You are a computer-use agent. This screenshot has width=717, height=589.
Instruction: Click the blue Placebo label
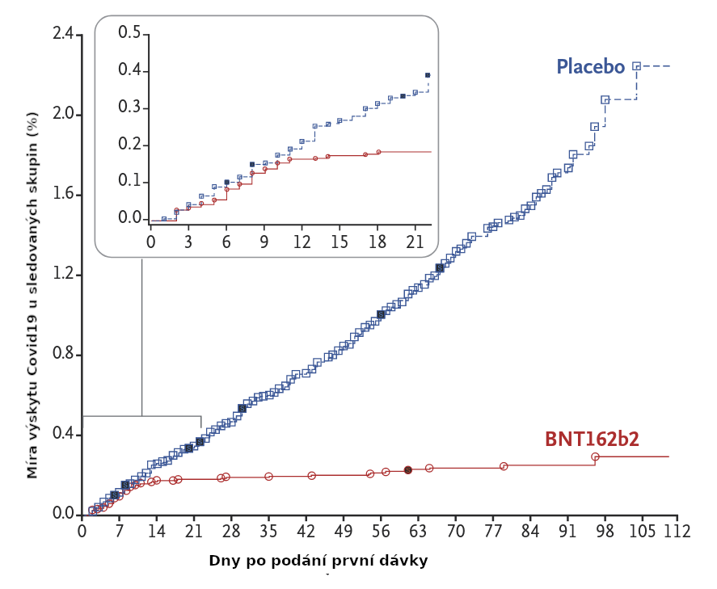point(590,66)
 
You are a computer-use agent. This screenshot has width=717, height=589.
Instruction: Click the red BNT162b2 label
point(592,439)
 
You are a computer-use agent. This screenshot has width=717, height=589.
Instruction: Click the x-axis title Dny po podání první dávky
point(318,560)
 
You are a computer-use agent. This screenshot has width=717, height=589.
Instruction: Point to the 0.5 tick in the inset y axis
point(129,33)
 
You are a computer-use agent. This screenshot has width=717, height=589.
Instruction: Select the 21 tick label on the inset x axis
point(415,242)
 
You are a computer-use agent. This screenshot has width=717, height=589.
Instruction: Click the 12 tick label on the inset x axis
point(302,242)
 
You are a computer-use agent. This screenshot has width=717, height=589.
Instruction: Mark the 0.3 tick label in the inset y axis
point(129,107)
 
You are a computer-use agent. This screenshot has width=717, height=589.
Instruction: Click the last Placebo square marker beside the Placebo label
point(636,66)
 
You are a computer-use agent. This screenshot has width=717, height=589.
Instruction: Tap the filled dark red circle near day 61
point(408,469)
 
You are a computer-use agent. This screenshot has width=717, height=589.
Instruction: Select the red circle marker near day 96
point(595,456)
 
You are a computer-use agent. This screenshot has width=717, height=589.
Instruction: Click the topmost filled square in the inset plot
point(428,75)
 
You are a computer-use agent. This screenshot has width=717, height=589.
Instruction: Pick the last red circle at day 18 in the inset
point(378,152)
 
